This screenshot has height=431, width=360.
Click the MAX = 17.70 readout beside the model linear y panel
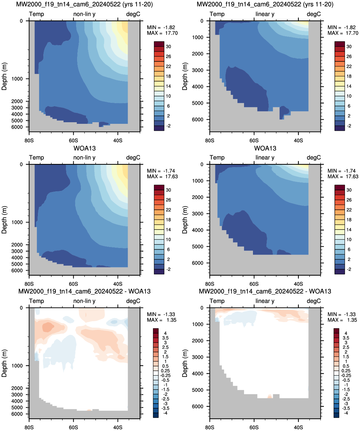[x=343, y=33]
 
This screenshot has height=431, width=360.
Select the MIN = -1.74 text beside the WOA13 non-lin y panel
[x=161, y=171]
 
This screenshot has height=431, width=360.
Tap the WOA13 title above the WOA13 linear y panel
[x=265, y=148]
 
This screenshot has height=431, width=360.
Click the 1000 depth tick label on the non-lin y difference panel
[x=17, y=366]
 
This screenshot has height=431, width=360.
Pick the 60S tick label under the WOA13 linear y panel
[x=254, y=284]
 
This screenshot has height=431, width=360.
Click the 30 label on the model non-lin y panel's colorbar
[x=169, y=46]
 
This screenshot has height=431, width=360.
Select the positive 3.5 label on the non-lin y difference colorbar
[x=165, y=338]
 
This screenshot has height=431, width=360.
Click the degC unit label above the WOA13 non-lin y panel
[x=133, y=158]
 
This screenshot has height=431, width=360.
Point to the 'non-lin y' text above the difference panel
[x=84, y=301]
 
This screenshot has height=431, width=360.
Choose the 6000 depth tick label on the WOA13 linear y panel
[x=198, y=263]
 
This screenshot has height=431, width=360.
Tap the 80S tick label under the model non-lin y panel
[x=29, y=140]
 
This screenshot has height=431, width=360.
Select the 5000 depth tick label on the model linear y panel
[x=198, y=103]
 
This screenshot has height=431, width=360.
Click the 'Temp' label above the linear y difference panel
[x=217, y=301]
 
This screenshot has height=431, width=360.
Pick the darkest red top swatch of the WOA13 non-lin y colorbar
[x=159, y=187]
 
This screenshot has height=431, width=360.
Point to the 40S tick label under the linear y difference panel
[x=298, y=427]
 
